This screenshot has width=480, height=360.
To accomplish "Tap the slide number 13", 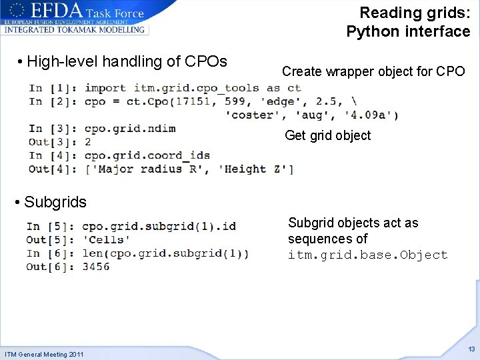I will click(471, 349).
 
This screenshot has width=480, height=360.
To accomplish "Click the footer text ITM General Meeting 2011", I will click(44, 354).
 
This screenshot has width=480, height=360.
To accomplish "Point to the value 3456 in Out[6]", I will click(96, 267).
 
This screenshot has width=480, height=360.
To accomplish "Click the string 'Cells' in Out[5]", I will click(106, 239).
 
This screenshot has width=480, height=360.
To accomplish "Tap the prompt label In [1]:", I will click(54, 88).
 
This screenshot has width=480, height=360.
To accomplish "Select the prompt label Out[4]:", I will click(53, 169).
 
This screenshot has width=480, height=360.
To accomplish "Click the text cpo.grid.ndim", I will click(130, 129).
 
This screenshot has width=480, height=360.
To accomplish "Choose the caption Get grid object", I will click(327, 136).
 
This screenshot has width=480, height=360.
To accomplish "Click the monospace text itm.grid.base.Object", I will click(367, 255).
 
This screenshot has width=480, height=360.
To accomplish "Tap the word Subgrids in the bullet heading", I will click(55, 202).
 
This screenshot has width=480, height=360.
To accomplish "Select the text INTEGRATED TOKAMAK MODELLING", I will click(75, 29).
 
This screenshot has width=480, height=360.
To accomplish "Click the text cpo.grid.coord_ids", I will click(147, 156).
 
